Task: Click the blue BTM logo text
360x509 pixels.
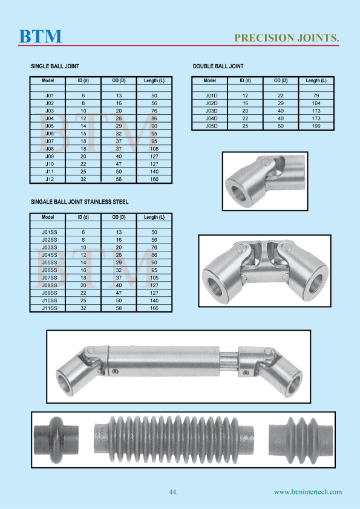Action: pos(41,36)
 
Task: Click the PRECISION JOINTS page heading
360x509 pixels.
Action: pos(286,37)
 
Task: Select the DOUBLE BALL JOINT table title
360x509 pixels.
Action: pos(218,66)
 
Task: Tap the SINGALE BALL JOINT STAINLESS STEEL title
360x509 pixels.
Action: pos(79,202)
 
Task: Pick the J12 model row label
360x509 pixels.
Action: pos(50,180)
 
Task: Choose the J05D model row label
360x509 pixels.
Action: pos(211,126)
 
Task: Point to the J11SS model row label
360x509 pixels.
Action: pos(50,308)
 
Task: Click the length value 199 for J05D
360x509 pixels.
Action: pos(316,126)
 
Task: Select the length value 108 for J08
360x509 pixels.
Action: pos(154,149)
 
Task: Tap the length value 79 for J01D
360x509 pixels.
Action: pos(316,96)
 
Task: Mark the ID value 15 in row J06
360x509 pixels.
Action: pos(83,134)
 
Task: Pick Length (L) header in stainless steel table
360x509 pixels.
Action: pos(154,217)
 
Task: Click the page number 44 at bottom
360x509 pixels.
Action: pos(173,492)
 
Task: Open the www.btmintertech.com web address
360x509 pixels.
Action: pos(307,492)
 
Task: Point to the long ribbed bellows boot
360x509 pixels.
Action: pos(173,435)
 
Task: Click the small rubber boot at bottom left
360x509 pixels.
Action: pos(56,435)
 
